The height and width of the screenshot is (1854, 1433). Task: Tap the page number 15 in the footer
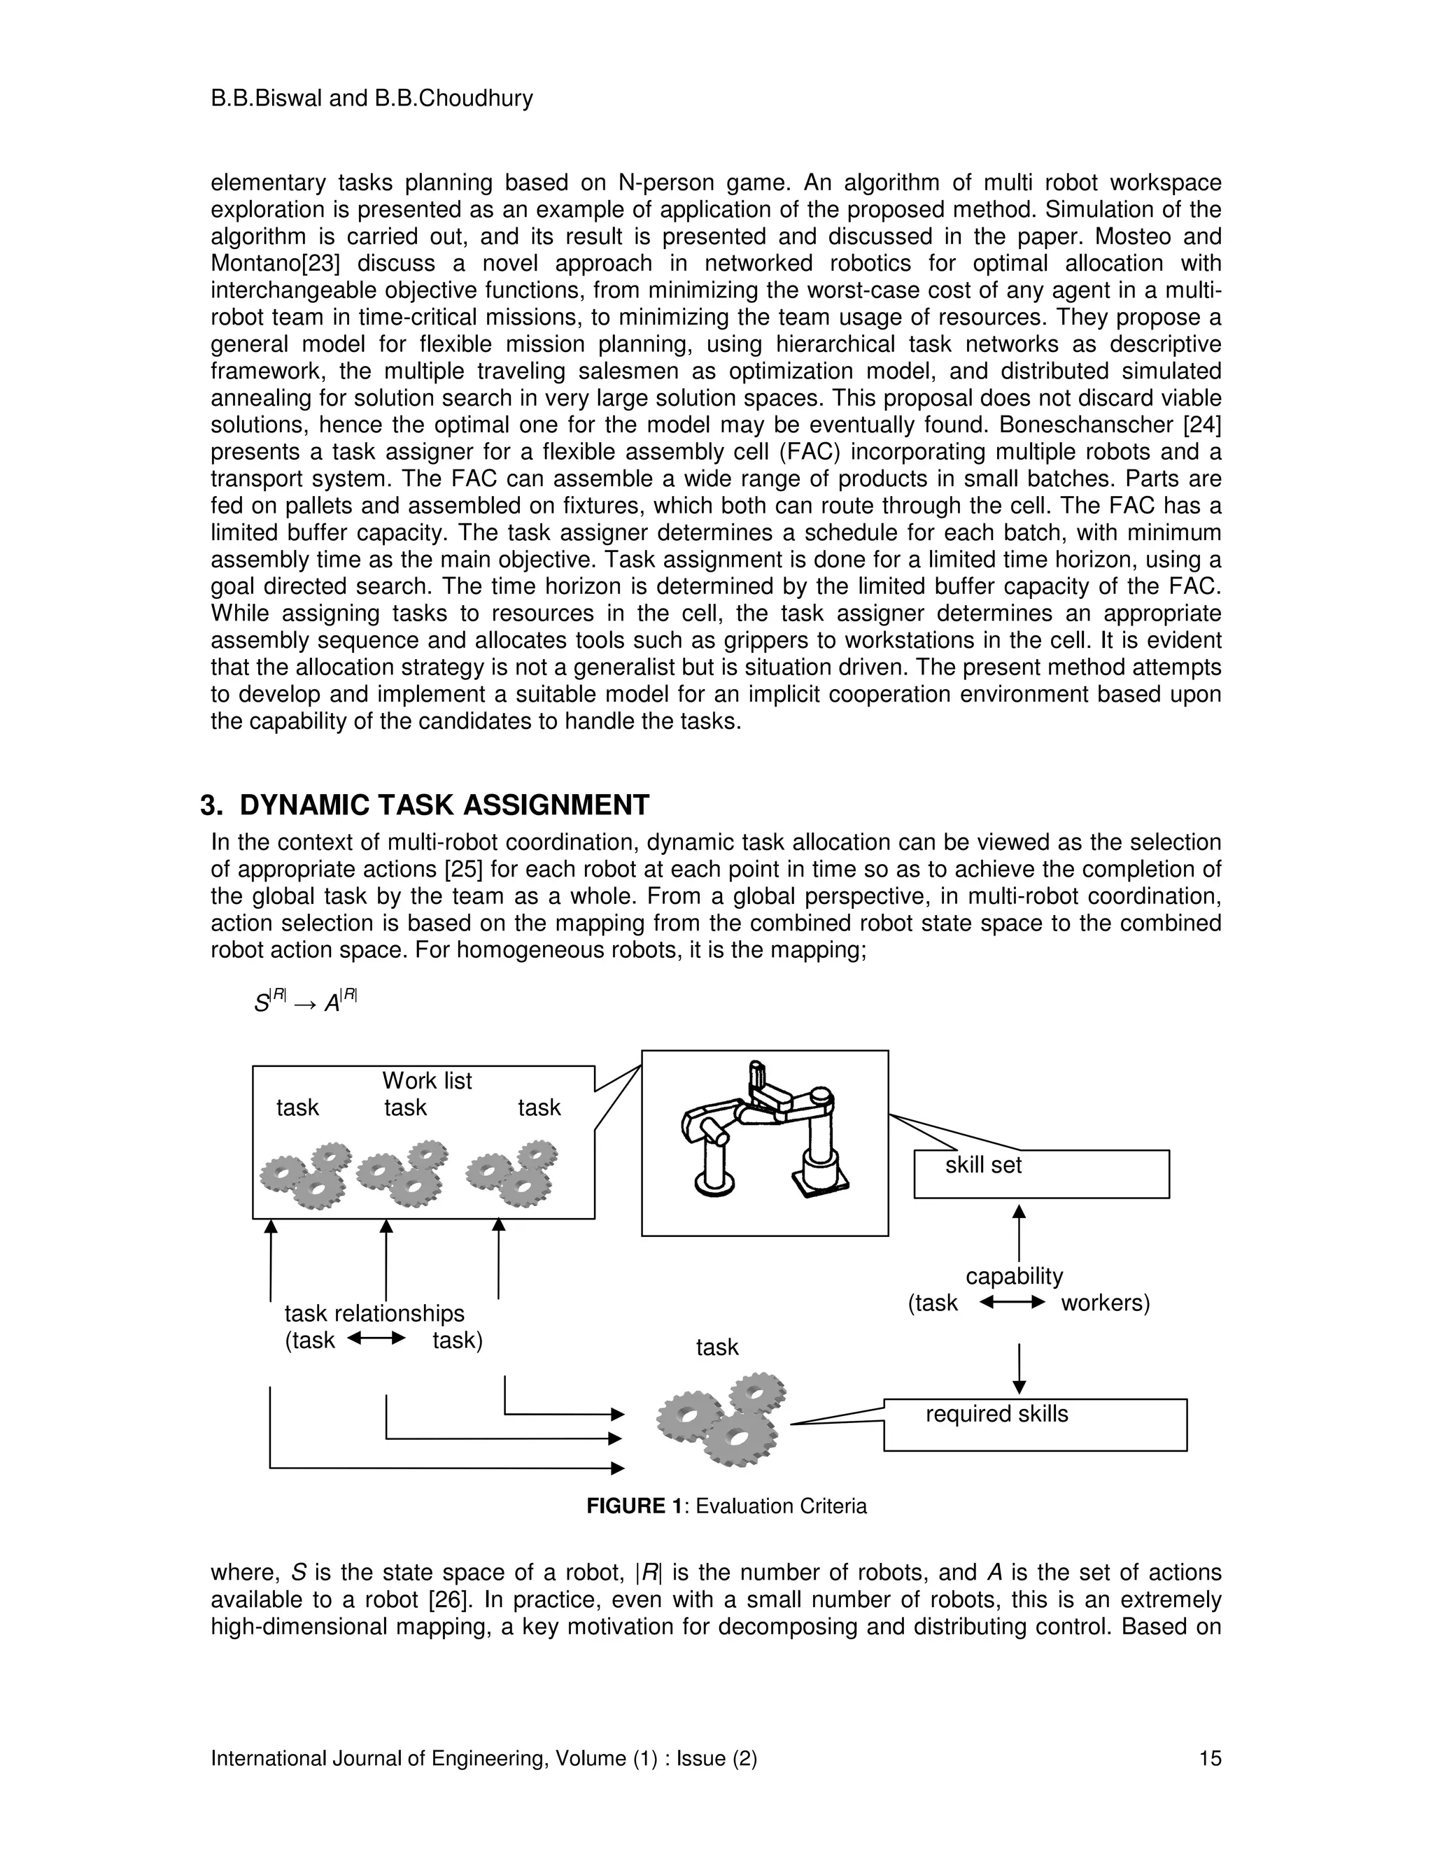(x=1210, y=1758)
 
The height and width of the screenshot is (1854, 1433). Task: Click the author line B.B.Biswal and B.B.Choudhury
(x=372, y=99)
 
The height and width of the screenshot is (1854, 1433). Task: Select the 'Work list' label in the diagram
(x=426, y=1081)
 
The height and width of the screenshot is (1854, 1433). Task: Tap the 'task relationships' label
(x=374, y=1313)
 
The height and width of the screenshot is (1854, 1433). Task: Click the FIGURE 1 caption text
(x=727, y=1506)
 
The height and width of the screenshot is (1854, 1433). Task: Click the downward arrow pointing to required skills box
(x=1019, y=1369)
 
